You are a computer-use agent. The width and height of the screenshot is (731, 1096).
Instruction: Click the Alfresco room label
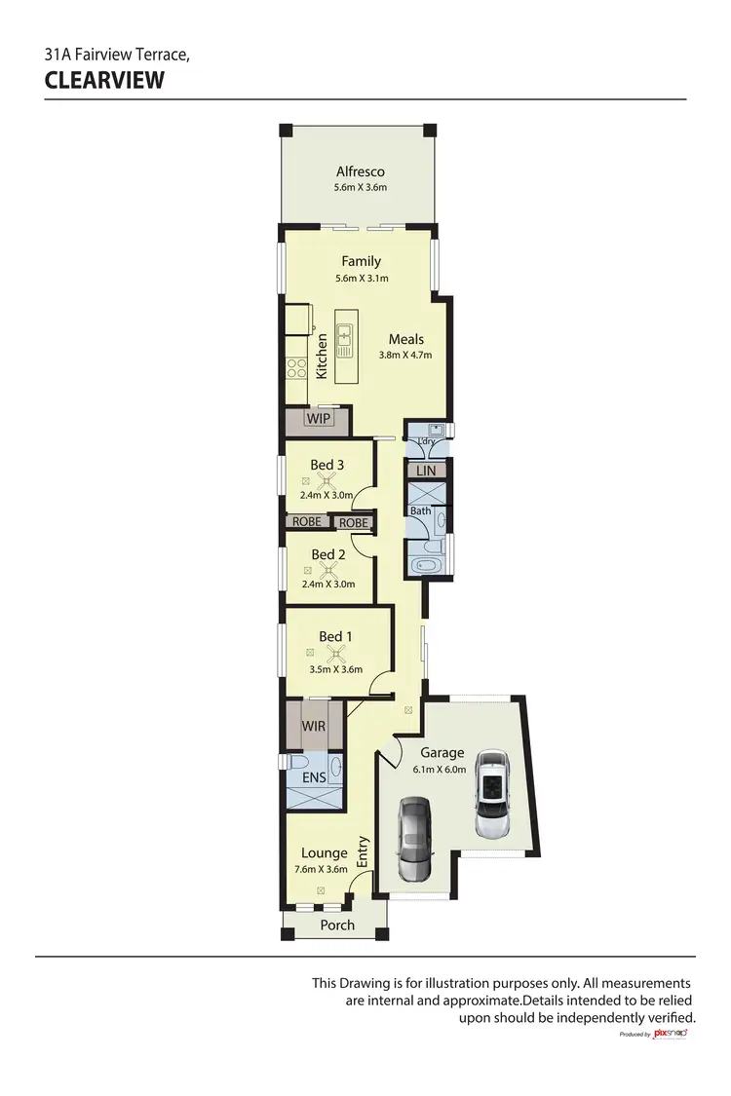point(361,171)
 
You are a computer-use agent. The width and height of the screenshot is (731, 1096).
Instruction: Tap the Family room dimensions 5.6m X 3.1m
point(361,279)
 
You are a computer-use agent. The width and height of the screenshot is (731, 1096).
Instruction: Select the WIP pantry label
point(319,419)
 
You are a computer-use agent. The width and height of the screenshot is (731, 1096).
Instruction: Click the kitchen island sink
point(343,339)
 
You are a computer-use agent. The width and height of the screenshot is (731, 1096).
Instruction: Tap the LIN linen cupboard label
point(426,471)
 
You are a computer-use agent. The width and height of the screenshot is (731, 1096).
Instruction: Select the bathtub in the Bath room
point(426,564)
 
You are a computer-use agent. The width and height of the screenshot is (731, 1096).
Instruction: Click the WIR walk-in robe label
point(314,727)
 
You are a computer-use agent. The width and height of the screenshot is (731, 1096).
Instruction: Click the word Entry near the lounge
point(364,852)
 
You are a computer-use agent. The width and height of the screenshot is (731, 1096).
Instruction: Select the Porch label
point(337,925)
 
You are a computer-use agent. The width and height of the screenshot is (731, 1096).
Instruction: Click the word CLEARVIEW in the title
point(105,80)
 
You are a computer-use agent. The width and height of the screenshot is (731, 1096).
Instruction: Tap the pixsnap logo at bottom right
point(671,1033)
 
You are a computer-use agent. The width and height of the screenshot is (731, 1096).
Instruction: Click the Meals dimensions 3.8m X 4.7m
point(405,355)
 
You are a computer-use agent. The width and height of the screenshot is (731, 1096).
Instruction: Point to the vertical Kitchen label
point(323,357)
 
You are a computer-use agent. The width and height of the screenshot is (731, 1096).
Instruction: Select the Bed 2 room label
point(328,554)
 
